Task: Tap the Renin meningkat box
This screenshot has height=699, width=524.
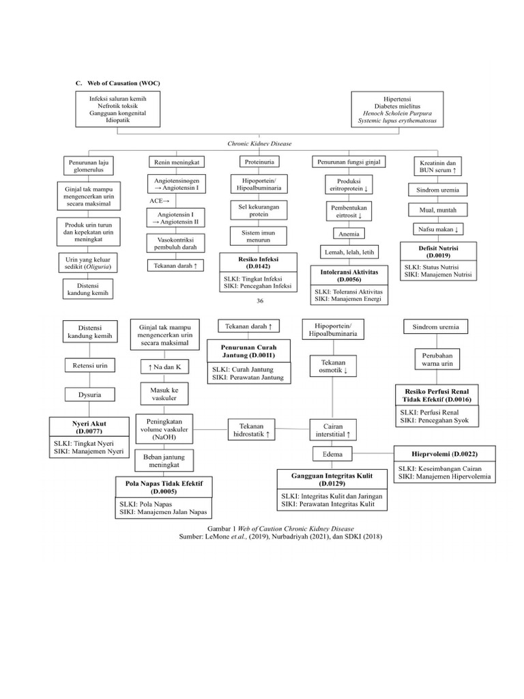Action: pyautogui.click(x=173, y=162)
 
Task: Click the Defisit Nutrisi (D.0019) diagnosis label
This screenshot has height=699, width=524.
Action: pyautogui.click(x=438, y=251)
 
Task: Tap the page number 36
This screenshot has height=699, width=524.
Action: pyautogui.click(x=259, y=301)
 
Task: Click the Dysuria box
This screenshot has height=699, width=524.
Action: pyautogui.click(x=89, y=394)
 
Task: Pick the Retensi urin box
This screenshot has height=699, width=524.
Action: pyautogui.click(x=89, y=365)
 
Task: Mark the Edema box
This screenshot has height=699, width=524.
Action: pyautogui.click(x=332, y=453)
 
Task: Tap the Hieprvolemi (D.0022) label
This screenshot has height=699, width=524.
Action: pyautogui.click(x=444, y=453)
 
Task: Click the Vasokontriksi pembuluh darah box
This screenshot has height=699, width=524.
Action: pyautogui.click(x=173, y=243)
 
